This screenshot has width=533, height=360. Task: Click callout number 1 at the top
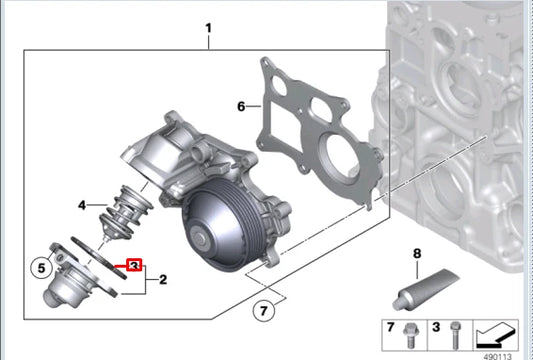pyautogui.click(x=209, y=28)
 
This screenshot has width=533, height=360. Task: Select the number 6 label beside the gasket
pyautogui.click(x=241, y=107)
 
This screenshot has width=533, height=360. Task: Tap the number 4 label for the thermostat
pyautogui.click(x=82, y=205)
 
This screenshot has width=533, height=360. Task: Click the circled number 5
pyautogui.click(x=41, y=268)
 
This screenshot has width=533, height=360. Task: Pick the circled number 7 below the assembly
pyautogui.click(x=264, y=311)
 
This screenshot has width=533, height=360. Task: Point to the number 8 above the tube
pyautogui.click(x=417, y=254)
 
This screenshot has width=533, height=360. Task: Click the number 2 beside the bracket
pyautogui.click(x=163, y=279)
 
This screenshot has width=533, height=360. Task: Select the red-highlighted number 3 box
pyautogui.click(x=134, y=265)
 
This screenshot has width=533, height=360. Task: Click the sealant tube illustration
pyautogui.click(x=426, y=289)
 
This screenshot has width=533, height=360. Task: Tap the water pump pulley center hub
pyautogui.click(x=199, y=239)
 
